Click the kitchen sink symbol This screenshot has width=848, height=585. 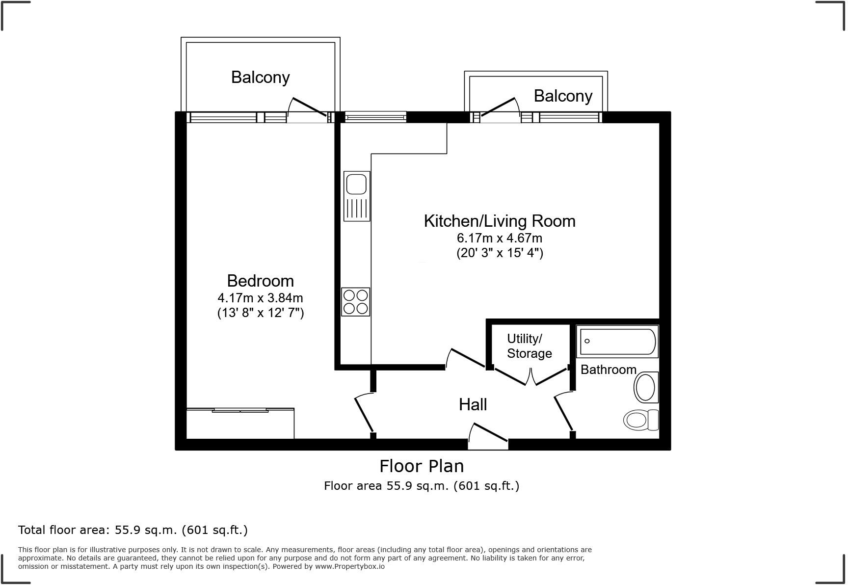(x=357, y=196)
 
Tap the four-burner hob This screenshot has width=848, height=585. (x=356, y=301)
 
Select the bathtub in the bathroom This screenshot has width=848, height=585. (x=617, y=341)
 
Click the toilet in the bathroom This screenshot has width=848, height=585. (x=641, y=420)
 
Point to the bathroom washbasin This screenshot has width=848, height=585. (x=646, y=387)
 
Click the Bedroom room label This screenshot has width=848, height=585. (x=260, y=281)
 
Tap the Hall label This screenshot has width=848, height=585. (x=473, y=404)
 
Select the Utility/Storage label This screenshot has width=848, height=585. (x=529, y=346)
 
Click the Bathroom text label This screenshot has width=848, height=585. (x=608, y=370)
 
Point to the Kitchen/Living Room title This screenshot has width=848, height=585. (x=500, y=221)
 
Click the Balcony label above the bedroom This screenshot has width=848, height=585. (x=260, y=77)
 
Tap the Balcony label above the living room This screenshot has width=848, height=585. (x=563, y=96)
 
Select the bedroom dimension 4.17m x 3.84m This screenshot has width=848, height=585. (x=260, y=298)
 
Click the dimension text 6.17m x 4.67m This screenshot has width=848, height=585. (x=500, y=239)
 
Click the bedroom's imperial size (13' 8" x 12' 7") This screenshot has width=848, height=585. (x=260, y=313)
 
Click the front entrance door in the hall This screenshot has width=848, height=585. (x=488, y=437)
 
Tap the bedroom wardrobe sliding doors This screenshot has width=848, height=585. (x=240, y=410)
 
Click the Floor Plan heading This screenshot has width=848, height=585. (x=422, y=466)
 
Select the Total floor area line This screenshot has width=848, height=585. (x=133, y=530)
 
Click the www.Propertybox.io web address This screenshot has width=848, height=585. (x=349, y=566)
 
